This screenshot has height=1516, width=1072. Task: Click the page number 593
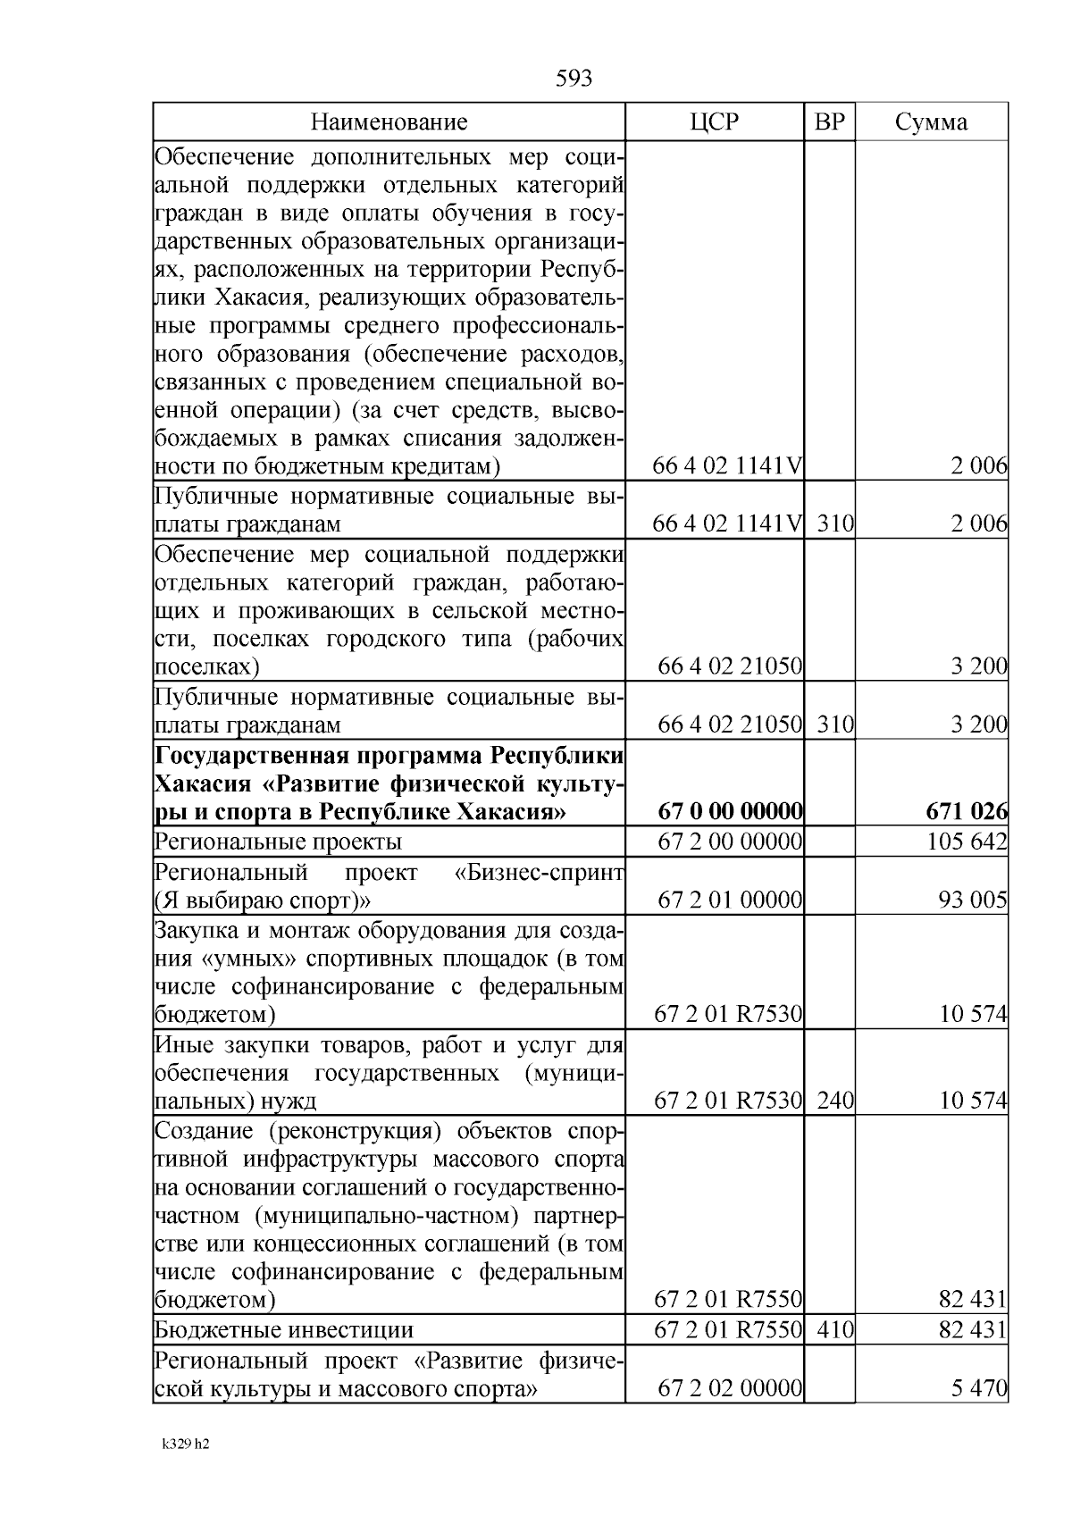coord(574,79)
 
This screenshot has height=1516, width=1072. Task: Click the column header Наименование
coord(389,122)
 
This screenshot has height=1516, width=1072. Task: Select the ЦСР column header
coord(715,122)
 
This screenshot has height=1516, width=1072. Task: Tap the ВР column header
coord(830,122)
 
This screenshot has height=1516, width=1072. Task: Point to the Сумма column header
coord(931,122)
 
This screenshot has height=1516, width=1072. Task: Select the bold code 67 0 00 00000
coord(730,812)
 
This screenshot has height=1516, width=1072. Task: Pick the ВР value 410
coord(835,1330)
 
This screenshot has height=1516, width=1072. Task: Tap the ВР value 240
coord(835,1101)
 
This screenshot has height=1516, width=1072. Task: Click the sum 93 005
coord(973,900)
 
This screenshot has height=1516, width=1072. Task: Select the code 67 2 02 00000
coord(730,1389)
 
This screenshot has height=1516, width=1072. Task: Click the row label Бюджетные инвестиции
coord(284,1330)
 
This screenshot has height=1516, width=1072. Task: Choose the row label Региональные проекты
coord(278,842)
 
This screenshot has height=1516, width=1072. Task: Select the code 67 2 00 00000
coord(730,842)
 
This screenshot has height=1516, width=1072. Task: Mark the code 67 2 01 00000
coord(730,900)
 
